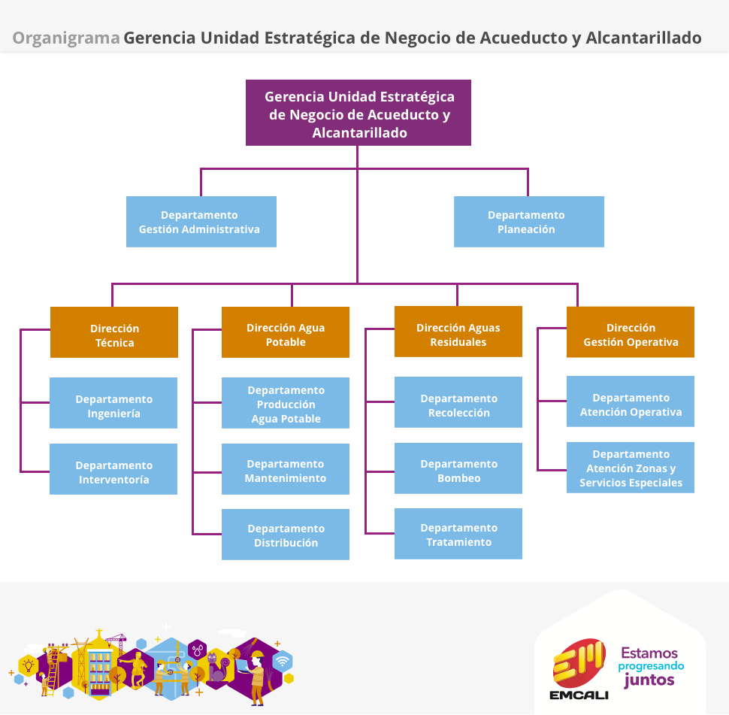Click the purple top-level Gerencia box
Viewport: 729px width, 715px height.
coord(358,113)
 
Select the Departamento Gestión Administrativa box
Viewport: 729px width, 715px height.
coord(201,222)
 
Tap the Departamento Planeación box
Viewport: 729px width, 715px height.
coord(529,222)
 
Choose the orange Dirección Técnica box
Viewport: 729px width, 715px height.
coord(114,332)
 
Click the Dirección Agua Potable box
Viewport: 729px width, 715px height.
coord(286,332)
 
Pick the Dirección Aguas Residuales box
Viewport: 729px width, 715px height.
coord(458,332)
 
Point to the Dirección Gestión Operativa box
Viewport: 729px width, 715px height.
coord(631,332)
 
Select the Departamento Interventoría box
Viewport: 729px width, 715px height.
coord(113,469)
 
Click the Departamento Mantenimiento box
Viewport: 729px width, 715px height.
coord(286,469)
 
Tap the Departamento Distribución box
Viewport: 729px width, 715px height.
coord(286,535)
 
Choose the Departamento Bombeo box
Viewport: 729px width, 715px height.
coord(458,468)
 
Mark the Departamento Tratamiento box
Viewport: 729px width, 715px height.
coord(458,534)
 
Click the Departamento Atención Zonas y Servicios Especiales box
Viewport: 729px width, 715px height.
coord(631,468)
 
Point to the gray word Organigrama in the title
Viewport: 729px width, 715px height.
coord(66,38)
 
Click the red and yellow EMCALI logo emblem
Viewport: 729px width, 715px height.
coord(579,662)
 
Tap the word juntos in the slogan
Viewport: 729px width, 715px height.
coord(649,680)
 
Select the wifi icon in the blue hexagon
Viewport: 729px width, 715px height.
coord(283,661)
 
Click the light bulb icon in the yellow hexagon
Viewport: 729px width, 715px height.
coord(29,665)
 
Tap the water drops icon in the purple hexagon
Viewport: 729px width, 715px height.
coord(198,650)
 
